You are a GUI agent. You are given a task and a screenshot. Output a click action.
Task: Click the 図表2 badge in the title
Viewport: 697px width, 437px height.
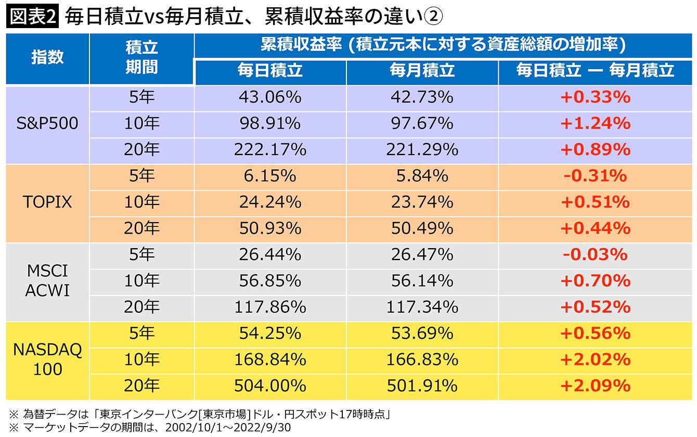32,17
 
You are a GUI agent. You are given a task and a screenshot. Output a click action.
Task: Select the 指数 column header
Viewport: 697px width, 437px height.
47,57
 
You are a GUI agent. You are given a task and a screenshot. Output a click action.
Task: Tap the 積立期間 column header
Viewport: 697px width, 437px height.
141,57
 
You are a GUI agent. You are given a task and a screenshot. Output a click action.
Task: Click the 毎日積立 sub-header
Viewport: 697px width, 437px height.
270,70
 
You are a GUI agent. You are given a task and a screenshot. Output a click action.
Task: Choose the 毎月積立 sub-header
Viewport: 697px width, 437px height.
422,70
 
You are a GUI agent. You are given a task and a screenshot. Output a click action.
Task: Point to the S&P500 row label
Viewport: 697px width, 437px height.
47,123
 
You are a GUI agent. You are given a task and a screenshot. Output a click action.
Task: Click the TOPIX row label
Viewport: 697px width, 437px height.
47,202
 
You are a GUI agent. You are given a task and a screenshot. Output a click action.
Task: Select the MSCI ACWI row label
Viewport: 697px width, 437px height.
47,281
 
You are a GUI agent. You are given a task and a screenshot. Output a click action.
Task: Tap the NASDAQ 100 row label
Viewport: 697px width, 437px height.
47,359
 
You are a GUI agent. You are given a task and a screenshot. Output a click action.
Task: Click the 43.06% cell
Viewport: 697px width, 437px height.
270,97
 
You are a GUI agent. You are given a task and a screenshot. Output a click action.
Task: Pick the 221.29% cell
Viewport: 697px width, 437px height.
422,150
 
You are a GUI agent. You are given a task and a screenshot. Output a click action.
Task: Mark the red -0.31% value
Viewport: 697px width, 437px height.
595,176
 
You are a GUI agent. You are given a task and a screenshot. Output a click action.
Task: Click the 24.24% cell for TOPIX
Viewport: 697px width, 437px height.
270,202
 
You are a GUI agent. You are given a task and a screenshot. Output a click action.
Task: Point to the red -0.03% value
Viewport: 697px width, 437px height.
595,254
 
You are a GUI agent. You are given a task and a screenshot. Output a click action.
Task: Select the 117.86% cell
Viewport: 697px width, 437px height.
270,307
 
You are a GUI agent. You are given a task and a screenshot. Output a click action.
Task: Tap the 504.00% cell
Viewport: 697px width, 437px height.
270,386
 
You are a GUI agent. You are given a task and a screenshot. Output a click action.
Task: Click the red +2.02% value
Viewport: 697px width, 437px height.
595,360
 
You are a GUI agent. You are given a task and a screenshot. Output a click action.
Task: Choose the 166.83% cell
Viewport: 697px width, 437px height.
422,360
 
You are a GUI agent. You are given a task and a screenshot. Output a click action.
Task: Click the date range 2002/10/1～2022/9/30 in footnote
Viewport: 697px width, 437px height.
228,428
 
